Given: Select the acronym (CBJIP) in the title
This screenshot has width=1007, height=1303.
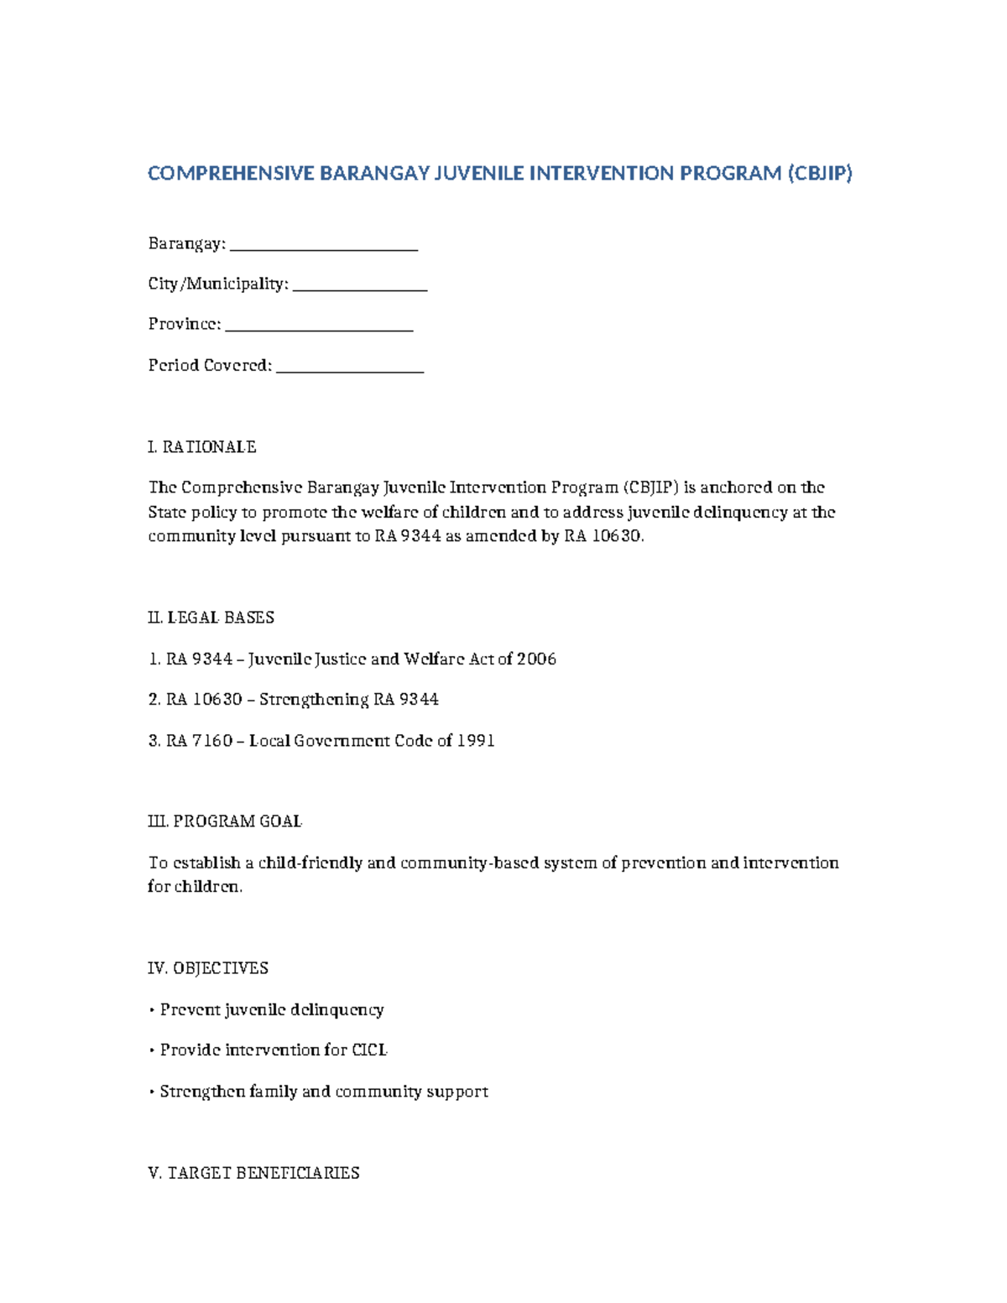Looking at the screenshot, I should [x=819, y=174].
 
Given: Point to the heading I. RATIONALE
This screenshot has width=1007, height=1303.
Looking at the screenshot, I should [x=202, y=447].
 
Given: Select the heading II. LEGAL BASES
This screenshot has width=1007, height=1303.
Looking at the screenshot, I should [x=211, y=618].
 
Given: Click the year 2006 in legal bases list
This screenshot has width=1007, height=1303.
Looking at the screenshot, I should [x=536, y=659].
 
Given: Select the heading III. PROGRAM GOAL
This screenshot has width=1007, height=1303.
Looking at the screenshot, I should [x=225, y=821].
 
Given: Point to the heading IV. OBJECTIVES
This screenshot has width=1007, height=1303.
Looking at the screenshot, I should [x=208, y=968].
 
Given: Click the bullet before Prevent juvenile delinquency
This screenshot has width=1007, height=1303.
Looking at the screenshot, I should [x=152, y=1010].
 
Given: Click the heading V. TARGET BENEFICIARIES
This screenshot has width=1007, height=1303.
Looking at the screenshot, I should [x=253, y=1173].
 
